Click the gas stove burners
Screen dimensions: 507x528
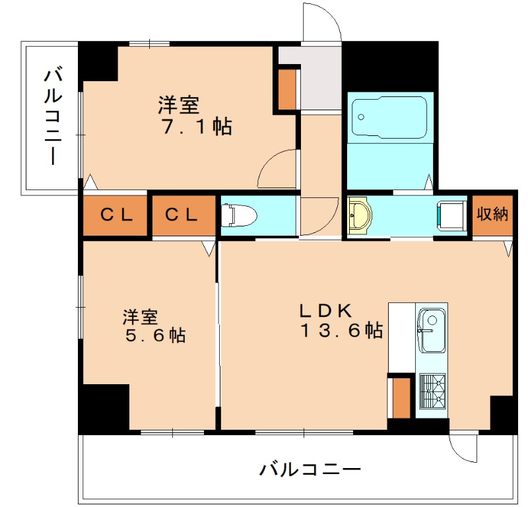(432, 391)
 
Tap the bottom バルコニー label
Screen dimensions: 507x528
(310, 470)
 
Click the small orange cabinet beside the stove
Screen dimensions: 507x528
(400, 396)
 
